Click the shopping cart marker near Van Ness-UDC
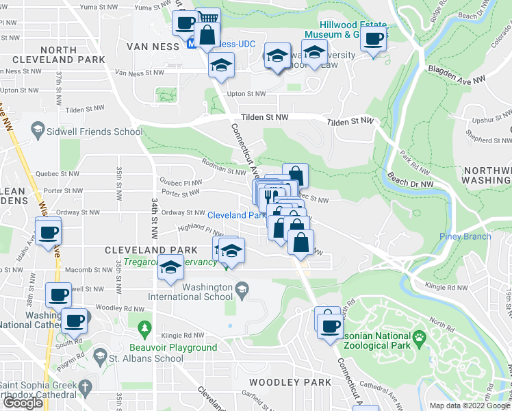point(208,19)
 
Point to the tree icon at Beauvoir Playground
point(144,330)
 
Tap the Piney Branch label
point(465,237)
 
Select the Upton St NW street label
point(246,94)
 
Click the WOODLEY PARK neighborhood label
point(284,382)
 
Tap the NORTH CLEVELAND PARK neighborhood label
point(73,55)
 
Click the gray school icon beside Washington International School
point(241,292)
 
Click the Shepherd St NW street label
point(487,140)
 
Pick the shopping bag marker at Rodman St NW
point(295,174)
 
